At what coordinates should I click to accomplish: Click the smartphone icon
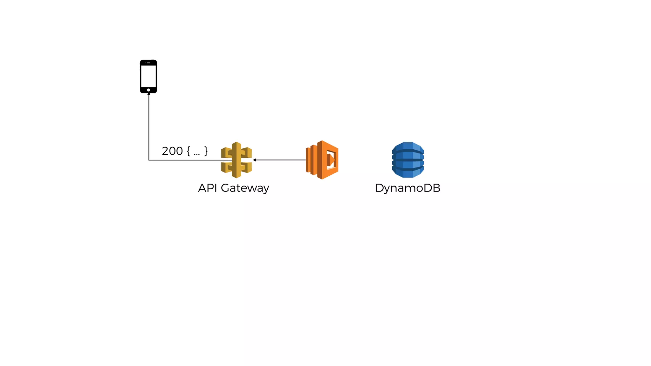pyautogui.click(x=148, y=76)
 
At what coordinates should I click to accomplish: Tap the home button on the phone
pyautogui.click(x=148, y=90)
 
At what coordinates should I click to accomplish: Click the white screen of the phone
pyautogui.click(x=148, y=76)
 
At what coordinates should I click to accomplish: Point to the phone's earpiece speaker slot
pyautogui.click(x=148, y=63)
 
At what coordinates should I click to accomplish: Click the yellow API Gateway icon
pyautogui.click(x=236, y=160)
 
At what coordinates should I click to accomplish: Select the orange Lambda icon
pyautogui.click(x=322, y=160)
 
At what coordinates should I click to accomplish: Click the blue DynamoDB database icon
pyautogui.click(x=408, y=160)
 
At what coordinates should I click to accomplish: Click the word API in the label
pyautogui.click(x=208, y=188)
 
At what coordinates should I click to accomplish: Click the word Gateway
pyautogui.click(x=245, y=188)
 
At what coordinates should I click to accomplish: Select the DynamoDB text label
pyautogui.click(x=408, y=188)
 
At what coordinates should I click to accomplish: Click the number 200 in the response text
pyautogui.click(x=172, y=151)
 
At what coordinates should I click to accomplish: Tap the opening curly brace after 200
pyautogui.click(x=188, y=151)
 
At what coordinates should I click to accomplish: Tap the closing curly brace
pyautogui.click(x=206, y=151)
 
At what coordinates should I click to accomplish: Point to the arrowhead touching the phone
pyautogui.click(x=149, y=94)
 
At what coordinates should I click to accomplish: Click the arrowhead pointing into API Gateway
pyautogui.click(x=255, y=160)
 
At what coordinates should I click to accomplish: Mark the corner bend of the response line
pyautogui.click(x=149, y=160)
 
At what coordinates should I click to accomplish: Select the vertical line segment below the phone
pyautogui.click(x=149, y=127)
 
